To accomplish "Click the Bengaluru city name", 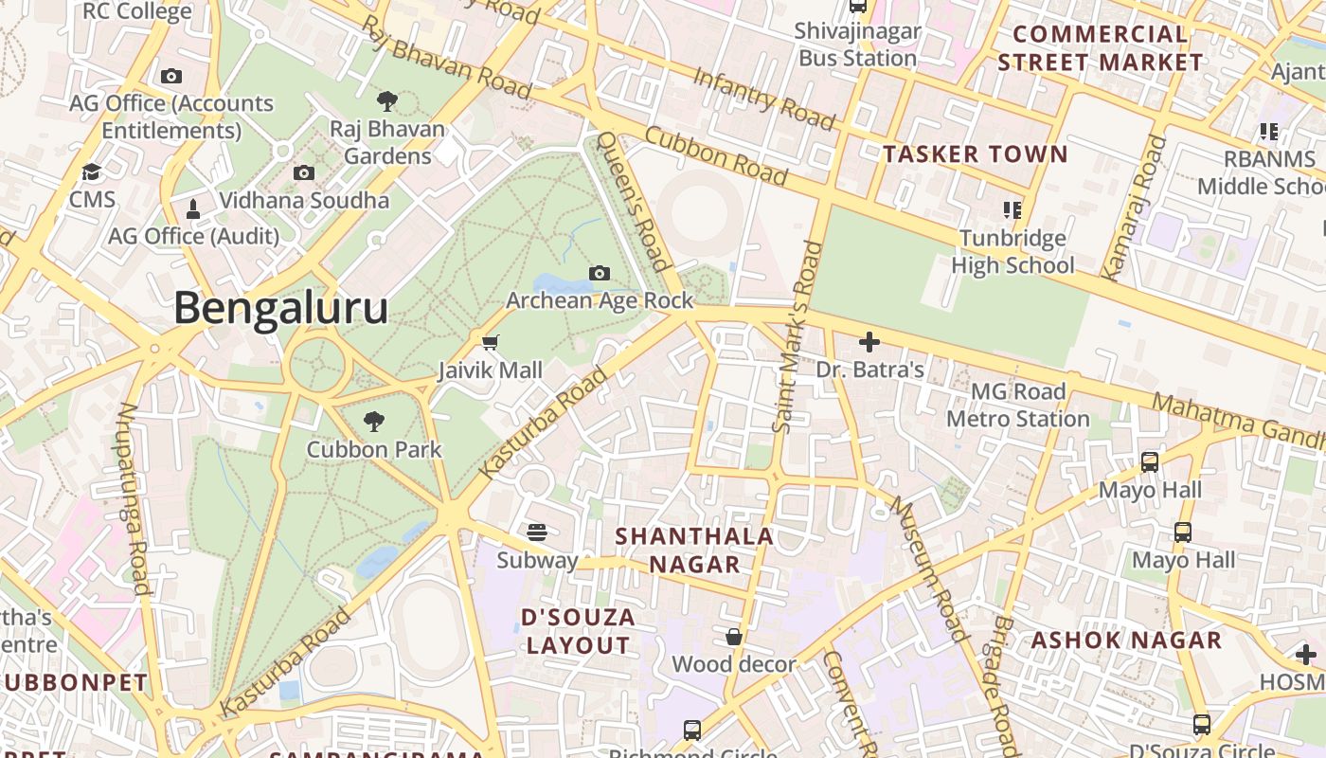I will [x=280, y=309].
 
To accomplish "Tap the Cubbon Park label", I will [x=374, y=449].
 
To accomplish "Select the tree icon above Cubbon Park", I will [x=374, y=422].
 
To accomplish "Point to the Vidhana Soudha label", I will [x=304, y=200].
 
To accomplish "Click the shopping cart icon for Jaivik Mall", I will [x=490, y=342].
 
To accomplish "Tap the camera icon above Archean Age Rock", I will [x=600, y=274].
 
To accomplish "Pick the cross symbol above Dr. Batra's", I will [x=869, y=341].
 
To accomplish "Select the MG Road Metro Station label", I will [x=1018, y=405].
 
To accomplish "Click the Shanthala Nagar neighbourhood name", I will [x=694, y=550].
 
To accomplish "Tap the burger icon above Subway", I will [x=537, y=532].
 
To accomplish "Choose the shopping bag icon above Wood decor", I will [x=734, y=637].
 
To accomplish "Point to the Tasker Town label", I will [x=976, y=153].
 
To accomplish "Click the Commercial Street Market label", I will [x=1100, y=48].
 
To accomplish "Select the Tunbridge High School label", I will [x=1012, y=251].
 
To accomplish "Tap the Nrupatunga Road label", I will [x=134, y=498].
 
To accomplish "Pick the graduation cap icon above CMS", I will [x=92, y=172].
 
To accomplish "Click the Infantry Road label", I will [x=764, y=98].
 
